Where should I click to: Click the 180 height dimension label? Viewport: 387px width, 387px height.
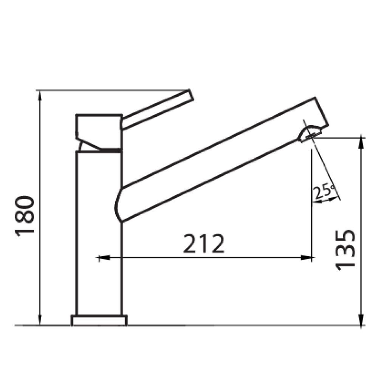tap(25, 215)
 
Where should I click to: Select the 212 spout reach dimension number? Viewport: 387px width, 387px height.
tap(204, 244)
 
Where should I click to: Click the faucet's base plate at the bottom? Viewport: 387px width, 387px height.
tap(99, 320)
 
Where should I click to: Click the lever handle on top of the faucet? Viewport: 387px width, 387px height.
tap(157, 110)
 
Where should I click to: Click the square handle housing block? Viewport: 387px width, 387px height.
tap(99, 128)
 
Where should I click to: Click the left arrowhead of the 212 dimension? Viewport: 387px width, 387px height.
tap(103, 258)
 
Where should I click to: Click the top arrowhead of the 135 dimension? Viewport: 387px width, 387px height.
tap(362, 142)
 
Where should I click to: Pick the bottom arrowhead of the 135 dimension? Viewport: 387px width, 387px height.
tap(362, 320)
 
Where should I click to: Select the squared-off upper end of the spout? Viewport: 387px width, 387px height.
tap(321, 112)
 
